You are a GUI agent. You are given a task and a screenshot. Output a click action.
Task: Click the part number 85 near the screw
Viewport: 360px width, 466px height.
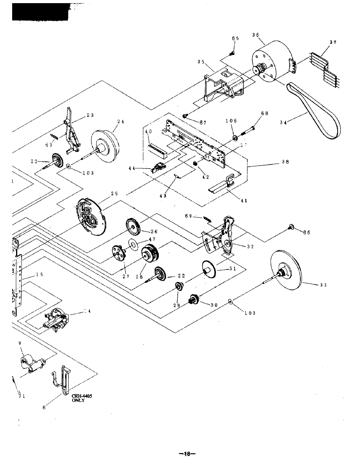tap(235, 38)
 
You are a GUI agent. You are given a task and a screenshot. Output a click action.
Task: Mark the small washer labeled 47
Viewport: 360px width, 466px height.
tap(134, 246)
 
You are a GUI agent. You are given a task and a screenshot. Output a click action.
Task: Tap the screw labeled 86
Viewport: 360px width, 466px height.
tap(291, 227)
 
